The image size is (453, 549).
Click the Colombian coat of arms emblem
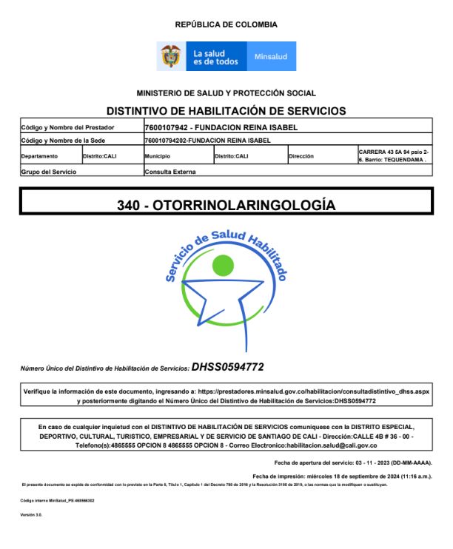(x=171, y=57)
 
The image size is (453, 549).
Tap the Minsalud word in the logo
(x=271, y=57)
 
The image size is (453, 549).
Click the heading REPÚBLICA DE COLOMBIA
(x=226, y=24)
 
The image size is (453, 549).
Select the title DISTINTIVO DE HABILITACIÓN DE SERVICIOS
(x=226, y=111)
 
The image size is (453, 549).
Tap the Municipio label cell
(x=158, y=157)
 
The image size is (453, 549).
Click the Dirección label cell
(x=301, y=157)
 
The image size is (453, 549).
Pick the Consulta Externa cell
(x=170, y=172)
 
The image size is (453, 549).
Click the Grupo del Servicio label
(x=49, y=172)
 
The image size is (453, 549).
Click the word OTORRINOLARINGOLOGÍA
(x=244, y=205)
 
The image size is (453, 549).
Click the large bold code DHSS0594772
(x=227, y=366)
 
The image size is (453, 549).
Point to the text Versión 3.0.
(x=31, y=514)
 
